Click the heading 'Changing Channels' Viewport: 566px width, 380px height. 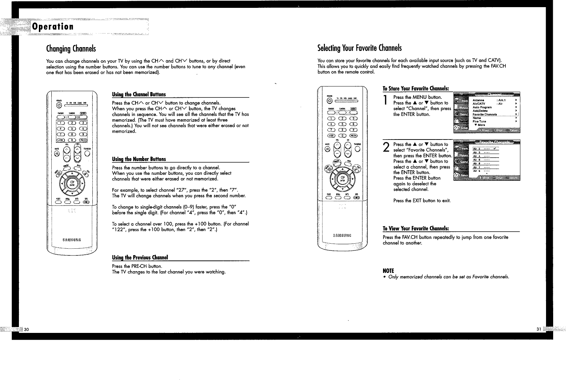71,49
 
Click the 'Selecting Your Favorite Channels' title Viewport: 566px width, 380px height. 360,48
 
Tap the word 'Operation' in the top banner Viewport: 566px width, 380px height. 53,27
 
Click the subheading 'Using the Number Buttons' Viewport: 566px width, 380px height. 139,159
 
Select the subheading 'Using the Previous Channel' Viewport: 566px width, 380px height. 140,258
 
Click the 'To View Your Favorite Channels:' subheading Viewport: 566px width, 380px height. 415,229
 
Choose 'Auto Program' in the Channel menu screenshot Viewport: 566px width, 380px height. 482,107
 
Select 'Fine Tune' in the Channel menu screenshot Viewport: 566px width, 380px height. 479,121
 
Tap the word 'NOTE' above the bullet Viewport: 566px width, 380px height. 388,271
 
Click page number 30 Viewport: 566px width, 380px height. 26,329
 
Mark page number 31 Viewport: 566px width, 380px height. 539,329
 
